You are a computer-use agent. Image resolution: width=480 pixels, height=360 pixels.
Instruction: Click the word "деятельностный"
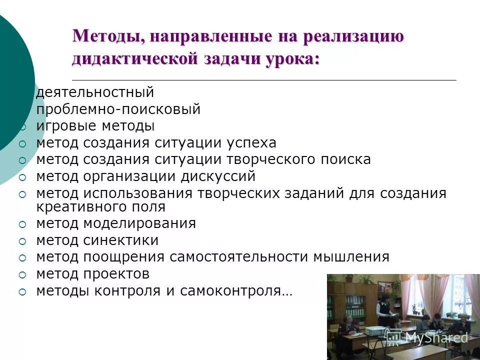coord(94,92)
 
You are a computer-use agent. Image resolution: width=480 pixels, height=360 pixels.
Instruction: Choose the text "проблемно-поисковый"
coord(118,109)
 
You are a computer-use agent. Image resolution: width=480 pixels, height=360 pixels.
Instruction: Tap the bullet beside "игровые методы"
coord(22,127)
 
